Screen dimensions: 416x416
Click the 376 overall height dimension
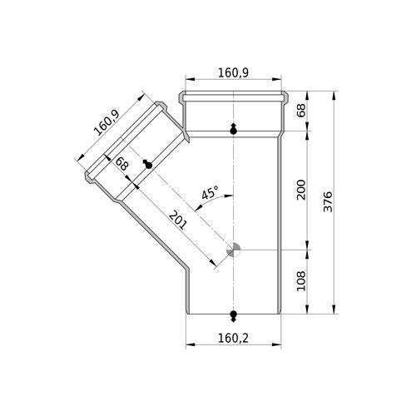328,201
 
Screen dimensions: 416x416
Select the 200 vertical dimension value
301,190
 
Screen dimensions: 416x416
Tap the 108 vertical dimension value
301,281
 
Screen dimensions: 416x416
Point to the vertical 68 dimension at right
301,110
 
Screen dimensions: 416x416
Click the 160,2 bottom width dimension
233,338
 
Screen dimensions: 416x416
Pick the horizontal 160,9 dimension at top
233,72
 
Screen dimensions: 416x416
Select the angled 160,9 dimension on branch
106,122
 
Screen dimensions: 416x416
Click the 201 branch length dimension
176,220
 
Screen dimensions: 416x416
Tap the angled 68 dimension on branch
121,163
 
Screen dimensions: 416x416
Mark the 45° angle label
210,193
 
